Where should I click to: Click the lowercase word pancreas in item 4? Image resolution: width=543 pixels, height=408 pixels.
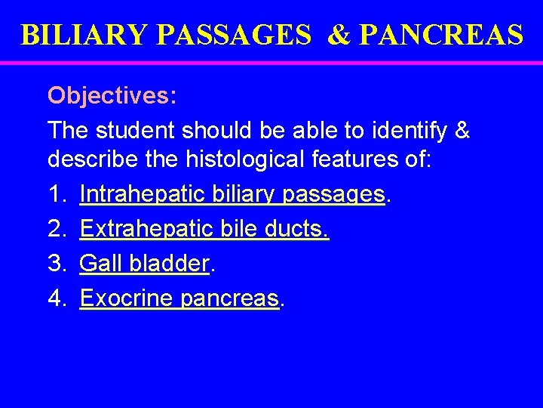coord(230,299)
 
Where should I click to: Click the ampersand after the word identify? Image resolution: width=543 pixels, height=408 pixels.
coord(460,130)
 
